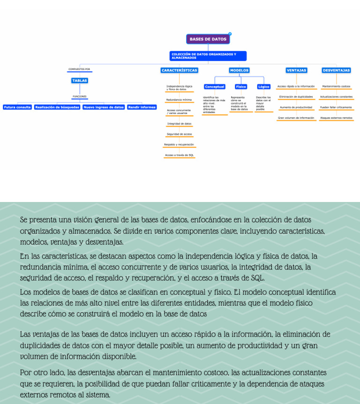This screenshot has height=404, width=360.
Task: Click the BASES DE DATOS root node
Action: (x=208, y=39)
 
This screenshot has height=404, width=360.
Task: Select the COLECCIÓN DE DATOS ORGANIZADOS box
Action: (x=208, y=56)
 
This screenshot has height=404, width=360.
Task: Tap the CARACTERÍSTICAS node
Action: (x=179, y=70)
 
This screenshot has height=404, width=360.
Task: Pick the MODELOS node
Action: (x=239, y=70)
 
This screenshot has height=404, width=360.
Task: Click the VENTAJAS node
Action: (x=296, y=70)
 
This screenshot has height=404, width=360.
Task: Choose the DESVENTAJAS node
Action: (x=336, y=70)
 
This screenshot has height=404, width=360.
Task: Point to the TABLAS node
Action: (x=80, y=81)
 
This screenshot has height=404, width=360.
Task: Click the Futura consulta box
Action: (x=17, y=107)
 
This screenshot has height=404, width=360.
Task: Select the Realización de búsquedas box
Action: (x=57, y=107)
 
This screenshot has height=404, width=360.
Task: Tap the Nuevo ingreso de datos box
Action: (x=104, y=107)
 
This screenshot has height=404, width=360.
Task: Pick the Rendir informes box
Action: (x=142, y=107)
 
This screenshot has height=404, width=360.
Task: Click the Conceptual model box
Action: (x=215, y=87)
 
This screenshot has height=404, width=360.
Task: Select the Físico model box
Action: (x=241, y=87)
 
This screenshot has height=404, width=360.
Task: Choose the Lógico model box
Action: (x=264, y=87)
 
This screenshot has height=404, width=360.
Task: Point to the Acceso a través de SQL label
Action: (x=179, y=155)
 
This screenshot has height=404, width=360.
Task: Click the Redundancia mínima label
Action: (x=179, y=100)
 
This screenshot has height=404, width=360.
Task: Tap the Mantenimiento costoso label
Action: (x=336, y=86)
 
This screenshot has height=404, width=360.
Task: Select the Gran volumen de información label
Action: (x=296, y=118)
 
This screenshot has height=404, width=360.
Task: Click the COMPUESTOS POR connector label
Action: (x=79, y=69)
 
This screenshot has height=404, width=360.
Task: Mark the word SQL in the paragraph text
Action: (x=257, y=278)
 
